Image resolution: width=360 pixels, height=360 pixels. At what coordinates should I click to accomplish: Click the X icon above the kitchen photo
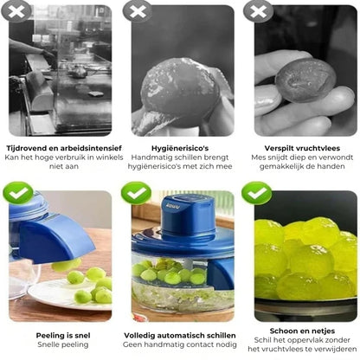pos(16,11)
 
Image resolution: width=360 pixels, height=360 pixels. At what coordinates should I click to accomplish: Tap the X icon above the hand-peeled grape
pos(138,11)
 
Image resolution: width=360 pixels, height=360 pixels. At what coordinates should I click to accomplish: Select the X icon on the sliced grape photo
pos(259,11)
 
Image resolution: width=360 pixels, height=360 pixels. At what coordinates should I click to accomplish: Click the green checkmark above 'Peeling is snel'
pos(18,193)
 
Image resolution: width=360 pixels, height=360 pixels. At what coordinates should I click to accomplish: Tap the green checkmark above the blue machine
pos(136,193)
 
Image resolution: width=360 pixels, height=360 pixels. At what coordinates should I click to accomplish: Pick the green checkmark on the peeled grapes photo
pos(257,193)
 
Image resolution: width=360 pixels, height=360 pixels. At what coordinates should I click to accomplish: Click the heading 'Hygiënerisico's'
pos(180,148)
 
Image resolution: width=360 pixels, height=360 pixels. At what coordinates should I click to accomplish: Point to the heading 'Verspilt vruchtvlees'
pos(302,148)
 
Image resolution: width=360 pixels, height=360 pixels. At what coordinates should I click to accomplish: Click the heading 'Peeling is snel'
pos(63,336)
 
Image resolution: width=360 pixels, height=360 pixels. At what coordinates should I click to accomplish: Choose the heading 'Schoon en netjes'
pos(302,331)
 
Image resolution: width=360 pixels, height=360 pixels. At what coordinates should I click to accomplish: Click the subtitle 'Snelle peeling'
pos(63,344)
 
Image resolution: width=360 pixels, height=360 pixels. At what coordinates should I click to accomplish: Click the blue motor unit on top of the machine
pos(188,215)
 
